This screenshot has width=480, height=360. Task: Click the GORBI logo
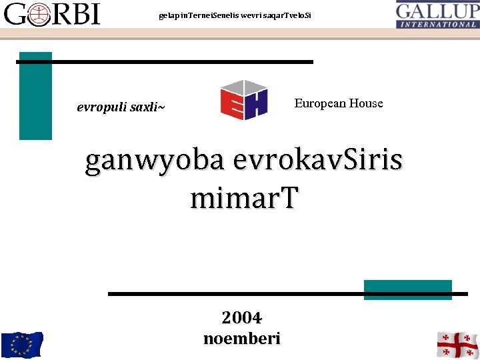coord(52,13)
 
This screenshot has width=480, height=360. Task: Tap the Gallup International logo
coord(437,14)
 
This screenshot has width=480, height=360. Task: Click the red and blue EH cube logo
coord(244,99)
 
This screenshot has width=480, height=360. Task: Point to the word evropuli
coord(99,107)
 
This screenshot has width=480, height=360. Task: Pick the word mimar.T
coord(245,198)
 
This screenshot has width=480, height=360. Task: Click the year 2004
coord(241,317)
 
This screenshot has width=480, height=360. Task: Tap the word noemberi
coord(241,338)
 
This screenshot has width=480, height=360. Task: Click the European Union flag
coord(21,345)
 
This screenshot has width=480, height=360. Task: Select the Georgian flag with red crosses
coord(457,345)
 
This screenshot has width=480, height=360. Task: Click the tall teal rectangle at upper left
coord(35,96)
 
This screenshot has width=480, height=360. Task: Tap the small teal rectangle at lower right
coord(407,290)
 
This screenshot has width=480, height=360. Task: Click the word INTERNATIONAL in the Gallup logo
coord(437,24)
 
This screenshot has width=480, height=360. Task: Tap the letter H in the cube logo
coord(255,104)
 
